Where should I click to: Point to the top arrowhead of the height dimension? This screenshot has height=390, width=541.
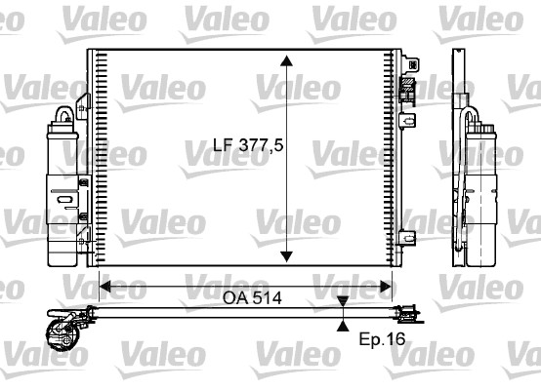(286, 60)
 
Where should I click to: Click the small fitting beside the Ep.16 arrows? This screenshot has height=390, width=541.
(408, 314)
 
